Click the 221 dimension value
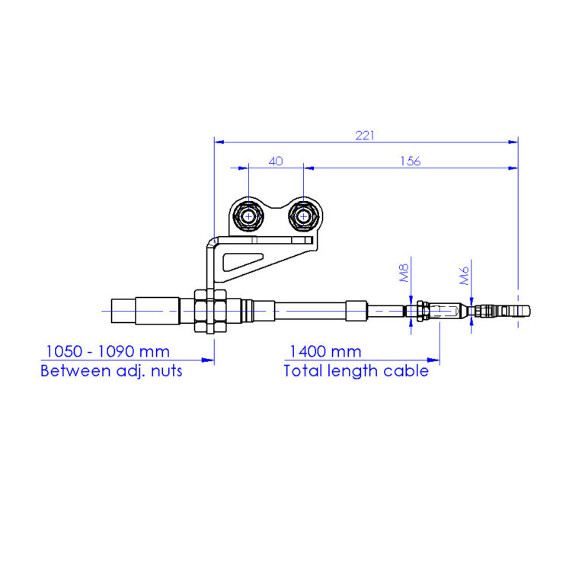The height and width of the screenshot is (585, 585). tap(366, 135)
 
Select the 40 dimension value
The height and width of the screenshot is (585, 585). tap(276, 161)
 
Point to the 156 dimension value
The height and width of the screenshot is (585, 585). tap(409, 161)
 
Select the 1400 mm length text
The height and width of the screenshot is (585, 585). tap(323, 352)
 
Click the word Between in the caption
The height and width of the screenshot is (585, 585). tap(72, 372)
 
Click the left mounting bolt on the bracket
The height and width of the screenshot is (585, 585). tap(248, 216)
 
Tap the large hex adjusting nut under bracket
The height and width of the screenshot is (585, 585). tap(209, 311)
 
